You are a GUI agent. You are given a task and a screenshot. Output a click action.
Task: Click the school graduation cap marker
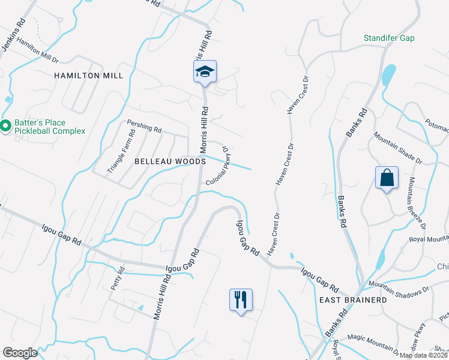(x=205, y=72)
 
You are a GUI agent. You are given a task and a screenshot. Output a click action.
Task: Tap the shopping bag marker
(x=387, y=178)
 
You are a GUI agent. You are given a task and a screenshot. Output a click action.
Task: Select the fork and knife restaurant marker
(x=241, y=299)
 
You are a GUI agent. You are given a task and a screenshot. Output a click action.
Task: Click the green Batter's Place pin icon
(x=5, y=125)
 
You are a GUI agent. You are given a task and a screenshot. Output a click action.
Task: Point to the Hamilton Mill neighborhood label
(x=88, y=76)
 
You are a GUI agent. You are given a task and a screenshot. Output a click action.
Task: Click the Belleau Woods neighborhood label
(x=170, y=161)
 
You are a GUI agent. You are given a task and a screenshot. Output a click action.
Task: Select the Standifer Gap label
(x=389, y=38)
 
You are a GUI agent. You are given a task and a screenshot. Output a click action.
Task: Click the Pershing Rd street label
(x=144, y=126)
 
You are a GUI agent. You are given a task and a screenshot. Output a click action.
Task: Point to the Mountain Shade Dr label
(x=399, y=148)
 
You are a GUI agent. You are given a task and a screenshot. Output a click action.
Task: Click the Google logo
(x=20, y=353)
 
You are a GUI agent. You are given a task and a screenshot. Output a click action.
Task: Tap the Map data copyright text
(x=423, y=355)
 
